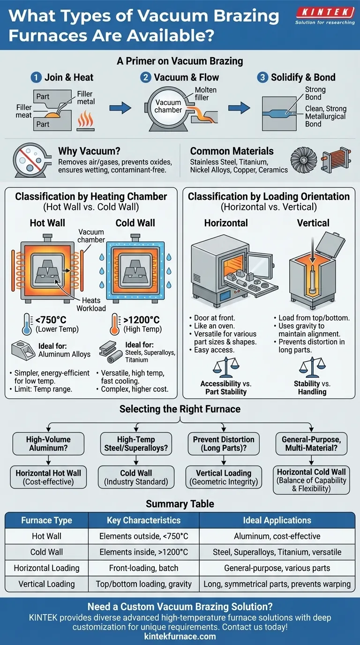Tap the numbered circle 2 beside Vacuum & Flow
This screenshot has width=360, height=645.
[146, 77]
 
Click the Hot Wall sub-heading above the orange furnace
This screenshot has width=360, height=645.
[47, 223]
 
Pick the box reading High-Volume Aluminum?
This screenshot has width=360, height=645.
[49, 443]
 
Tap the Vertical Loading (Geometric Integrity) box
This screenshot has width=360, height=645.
[224, 477]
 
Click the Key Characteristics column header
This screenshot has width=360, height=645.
[143, 520]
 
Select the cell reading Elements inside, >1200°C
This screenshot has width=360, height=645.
[143, 552]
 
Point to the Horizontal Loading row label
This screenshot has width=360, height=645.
[46, 568]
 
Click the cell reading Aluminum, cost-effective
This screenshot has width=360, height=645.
[277, 536]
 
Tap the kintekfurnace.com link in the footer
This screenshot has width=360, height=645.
[180, 636]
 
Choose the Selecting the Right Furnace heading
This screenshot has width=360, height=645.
[180, 409]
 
